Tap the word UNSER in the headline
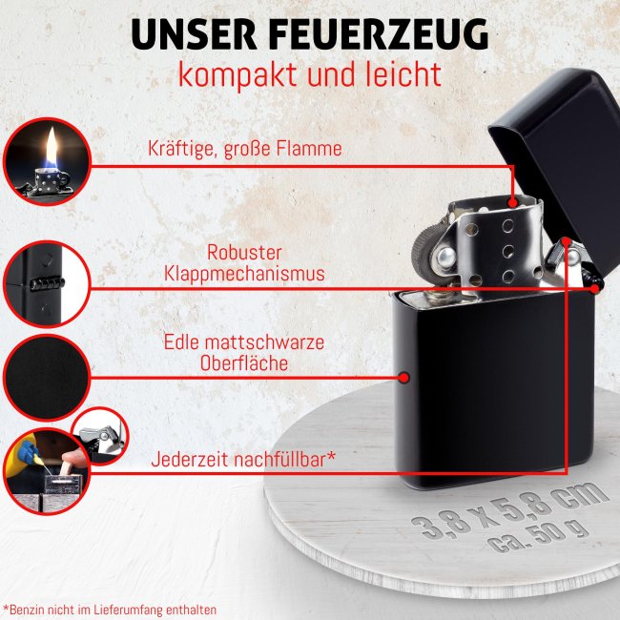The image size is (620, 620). [187, 33]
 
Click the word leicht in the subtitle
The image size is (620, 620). [402, 73]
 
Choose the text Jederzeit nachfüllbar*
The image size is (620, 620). [243, 459]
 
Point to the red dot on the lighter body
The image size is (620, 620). [403, 378]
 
